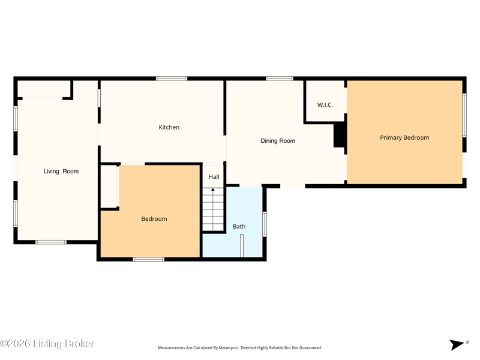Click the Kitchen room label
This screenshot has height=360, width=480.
click(169, 127)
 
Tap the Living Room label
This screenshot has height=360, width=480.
click(61, 172)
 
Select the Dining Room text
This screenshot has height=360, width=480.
click(278, 141)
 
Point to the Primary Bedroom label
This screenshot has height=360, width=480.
click(404, 138)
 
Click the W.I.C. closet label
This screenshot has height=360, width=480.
click(325, 105)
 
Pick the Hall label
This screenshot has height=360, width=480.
click(214, 177)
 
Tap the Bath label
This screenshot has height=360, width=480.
click(239, 227)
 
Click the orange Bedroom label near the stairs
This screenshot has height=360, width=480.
click(154, 219)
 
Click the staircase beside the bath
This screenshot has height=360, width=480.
click(213, 209)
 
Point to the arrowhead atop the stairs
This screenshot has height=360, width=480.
click(213, 190)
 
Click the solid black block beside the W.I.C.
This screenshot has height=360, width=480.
click(339, 134)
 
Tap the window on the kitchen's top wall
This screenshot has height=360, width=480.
click(172, 79)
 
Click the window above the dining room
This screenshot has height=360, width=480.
click(279, 79)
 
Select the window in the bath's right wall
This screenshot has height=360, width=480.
click(265, 224)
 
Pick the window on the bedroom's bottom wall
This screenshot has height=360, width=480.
click(148, 259)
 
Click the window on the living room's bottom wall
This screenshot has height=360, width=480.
click(51, 242)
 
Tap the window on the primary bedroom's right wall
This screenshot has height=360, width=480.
click(464, 115)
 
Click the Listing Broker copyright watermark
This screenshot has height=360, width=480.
click(47, 343)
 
